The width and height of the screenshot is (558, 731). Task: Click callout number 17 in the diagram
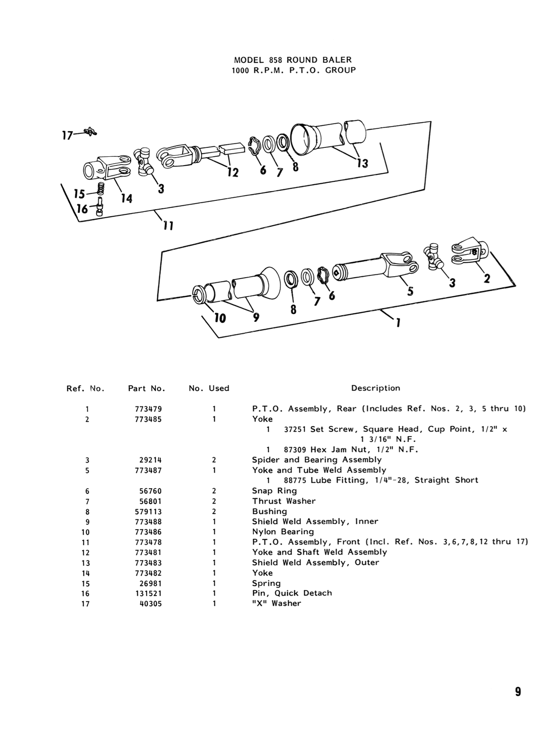pyautogui.click(x=67, y=135)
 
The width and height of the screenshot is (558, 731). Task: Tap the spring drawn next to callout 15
pyautogui.click(x=100, y=188)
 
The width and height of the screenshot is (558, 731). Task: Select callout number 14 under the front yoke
pyautogui.click(x=126, y=199)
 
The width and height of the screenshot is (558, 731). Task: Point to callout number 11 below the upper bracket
pyautogui.click(x=168, y=226)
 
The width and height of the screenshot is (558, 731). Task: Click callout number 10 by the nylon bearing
pyautogui.click(x=219, y=318)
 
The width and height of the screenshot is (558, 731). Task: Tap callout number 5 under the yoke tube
pyautogui.click(x=410, y=291)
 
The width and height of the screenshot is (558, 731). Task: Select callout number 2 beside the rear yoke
pyautogui.click(x=486, y=278)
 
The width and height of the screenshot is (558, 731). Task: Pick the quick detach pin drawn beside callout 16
pyautogui.click(x=100, y=207)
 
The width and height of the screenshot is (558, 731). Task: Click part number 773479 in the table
pyautogui.click(x=148, y=409)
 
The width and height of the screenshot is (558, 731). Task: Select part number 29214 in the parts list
pyautogui.click(x=150, y=460)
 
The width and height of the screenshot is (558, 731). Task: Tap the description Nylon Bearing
pyautogui.click(x=283, y=532)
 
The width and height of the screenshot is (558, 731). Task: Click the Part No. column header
pyautogui.click(x=146, y=388)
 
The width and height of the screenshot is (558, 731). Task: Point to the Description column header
pyautogui.click(x=375, y=388)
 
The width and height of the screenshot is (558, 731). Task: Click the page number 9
pyautogui.click(x=518, y=692)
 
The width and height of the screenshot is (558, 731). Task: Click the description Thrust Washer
pyautogui.click(x=284, y=501)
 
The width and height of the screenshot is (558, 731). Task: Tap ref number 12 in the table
pyautogui.click(x=87, y=552)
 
